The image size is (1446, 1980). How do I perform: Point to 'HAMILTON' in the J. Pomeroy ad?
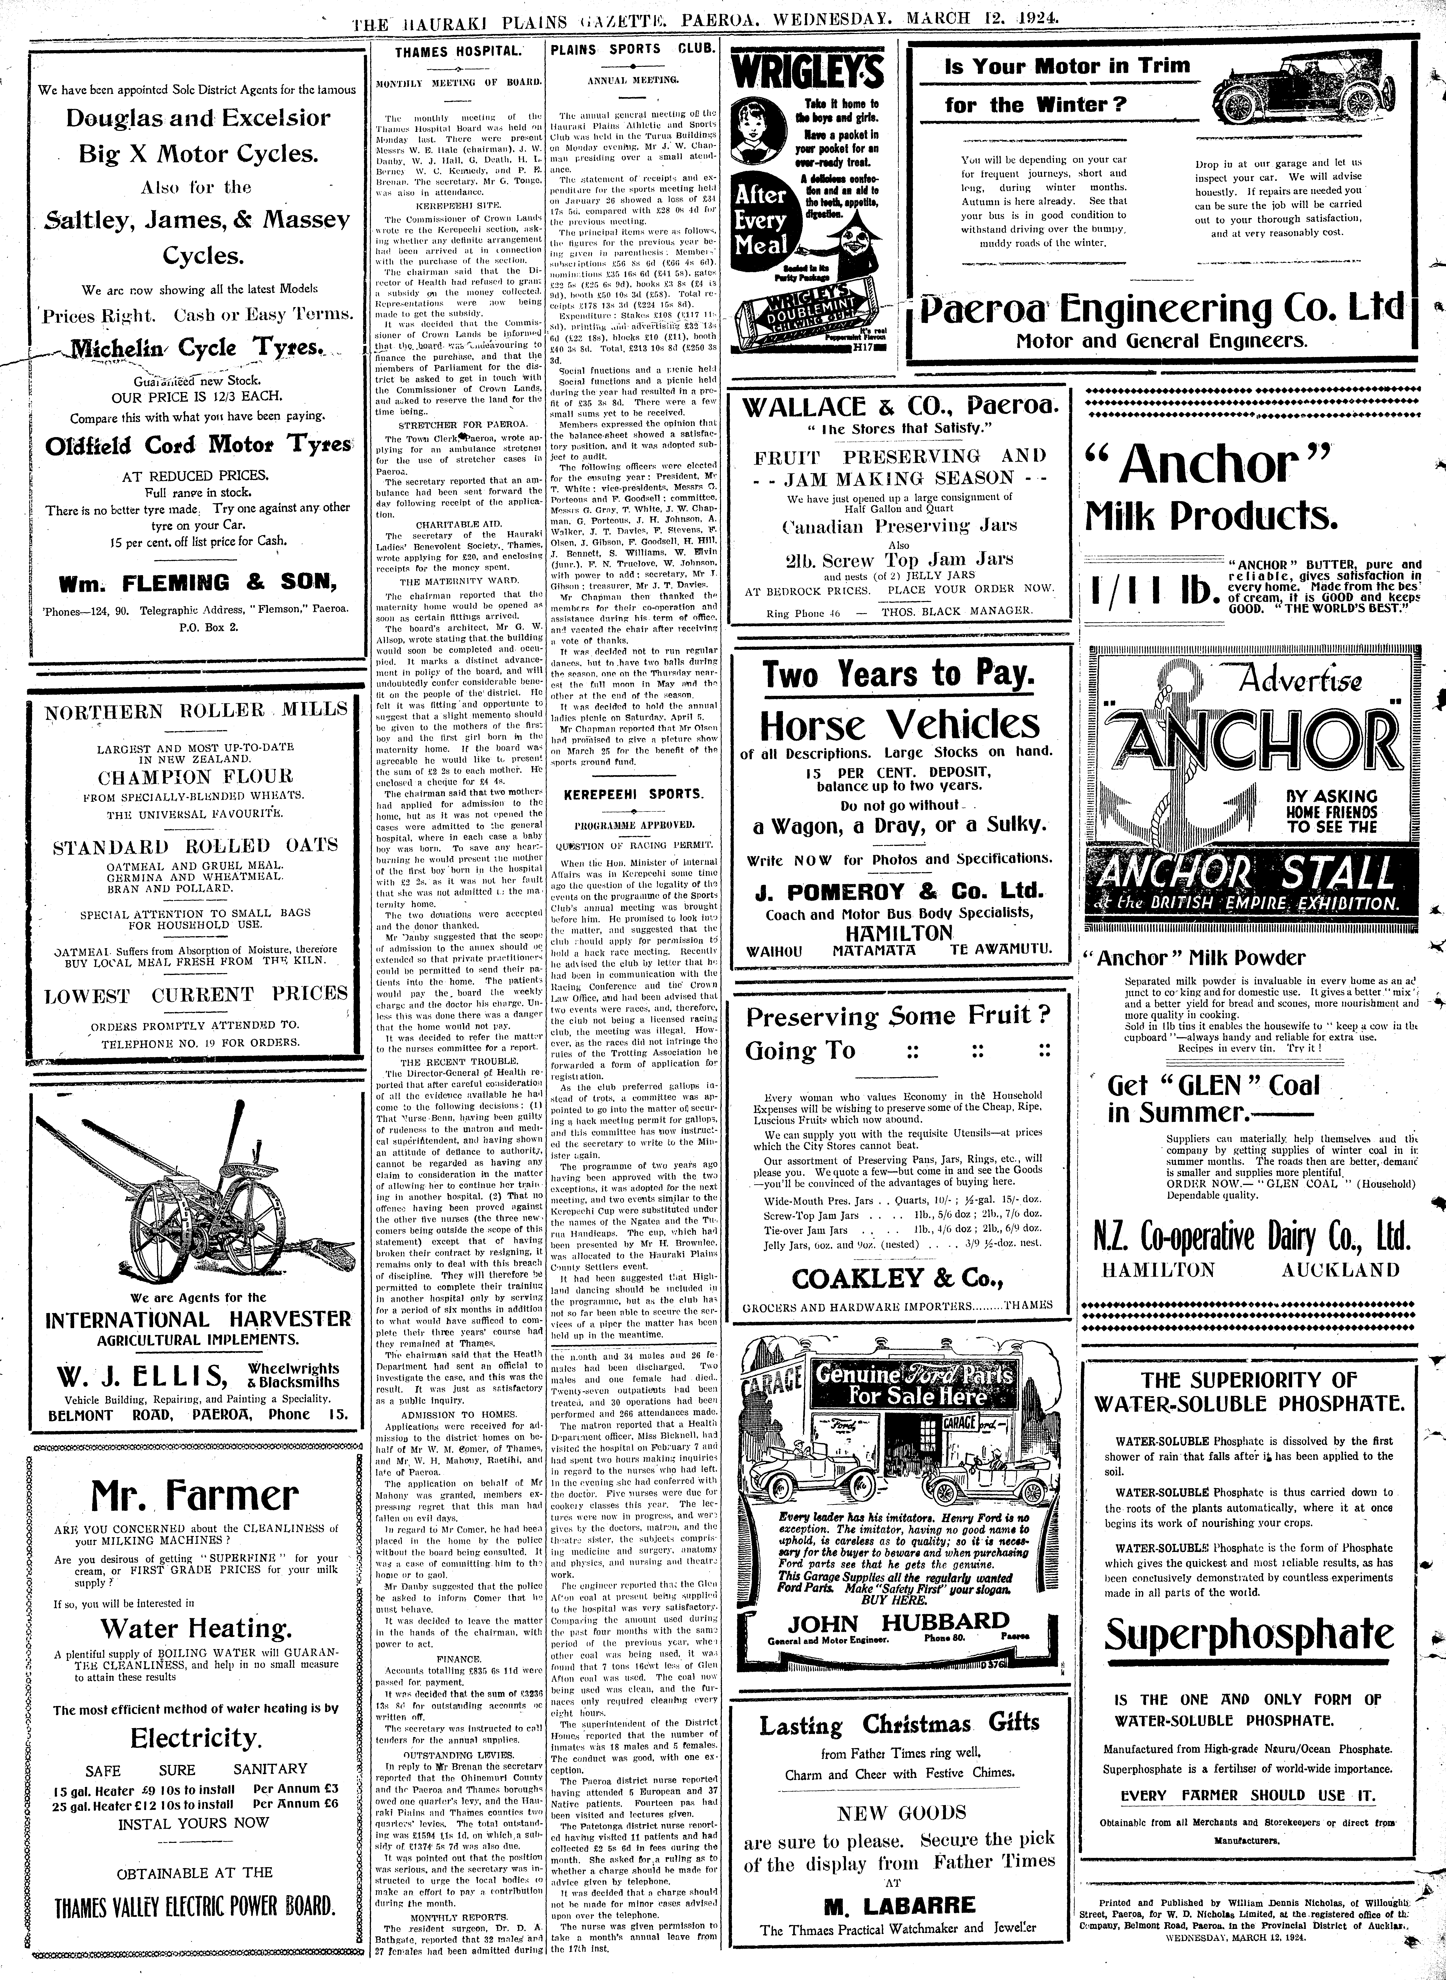(x=899, y=933)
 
